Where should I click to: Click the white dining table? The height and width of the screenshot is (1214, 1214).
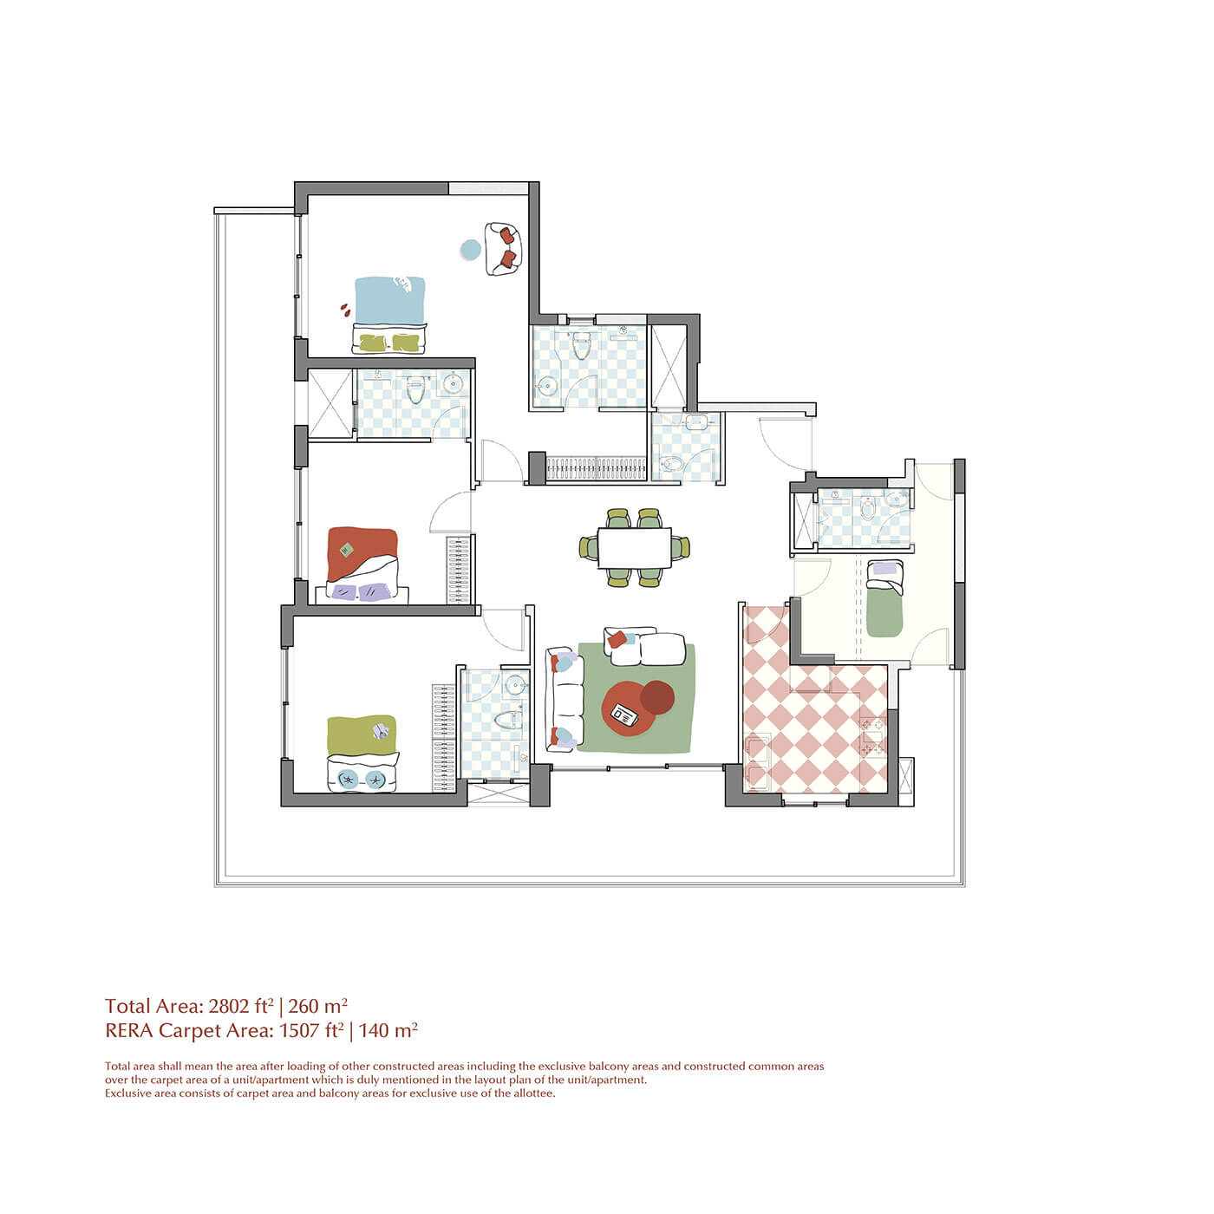tap(634, 547)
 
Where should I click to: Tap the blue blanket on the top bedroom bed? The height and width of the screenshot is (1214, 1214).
tap(390, 300)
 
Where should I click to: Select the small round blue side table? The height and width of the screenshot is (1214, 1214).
tap(471, 250)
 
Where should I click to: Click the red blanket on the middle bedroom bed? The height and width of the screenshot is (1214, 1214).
tap(362, 551)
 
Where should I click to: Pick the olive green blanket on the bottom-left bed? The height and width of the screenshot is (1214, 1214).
tap(362, 734)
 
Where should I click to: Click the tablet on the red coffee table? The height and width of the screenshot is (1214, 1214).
tap(625, 715)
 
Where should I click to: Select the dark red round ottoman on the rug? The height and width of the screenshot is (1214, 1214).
tap(657, 697)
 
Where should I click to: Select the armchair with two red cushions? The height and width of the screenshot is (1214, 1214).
tap(503, 249)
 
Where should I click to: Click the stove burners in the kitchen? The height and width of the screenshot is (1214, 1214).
tap(873, 736)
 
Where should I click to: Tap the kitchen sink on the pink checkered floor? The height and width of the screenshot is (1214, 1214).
tap(757, 763)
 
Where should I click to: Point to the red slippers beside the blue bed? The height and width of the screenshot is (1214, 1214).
tap(344, 309)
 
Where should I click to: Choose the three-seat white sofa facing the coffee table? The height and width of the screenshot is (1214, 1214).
tap(565, 699)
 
